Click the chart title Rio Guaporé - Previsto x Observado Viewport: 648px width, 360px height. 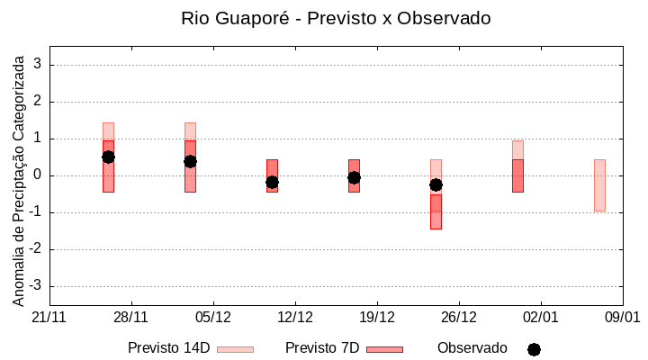[336, 18]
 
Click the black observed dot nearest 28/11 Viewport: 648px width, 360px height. [108, 157]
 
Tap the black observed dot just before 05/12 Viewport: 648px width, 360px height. [190, 161]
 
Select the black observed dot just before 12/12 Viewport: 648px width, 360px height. [272, 182]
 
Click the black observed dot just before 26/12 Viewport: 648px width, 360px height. [436, 184]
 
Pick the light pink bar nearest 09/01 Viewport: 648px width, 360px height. [599, 184]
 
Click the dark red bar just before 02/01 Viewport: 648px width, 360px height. [517, 175]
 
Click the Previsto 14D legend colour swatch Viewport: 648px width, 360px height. [235, 348]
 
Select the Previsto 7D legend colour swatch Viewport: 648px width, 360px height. [384, 348]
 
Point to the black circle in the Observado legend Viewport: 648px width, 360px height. [534, 349]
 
